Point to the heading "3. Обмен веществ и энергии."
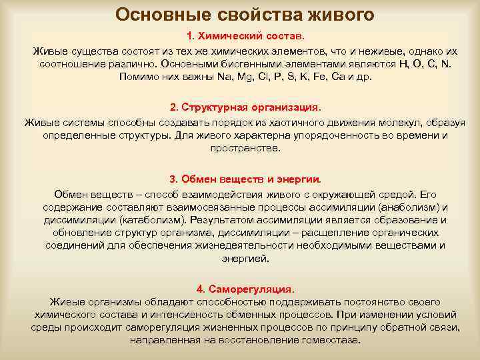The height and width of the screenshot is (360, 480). (245, 179)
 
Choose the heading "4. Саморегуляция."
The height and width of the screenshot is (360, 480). (245, 289)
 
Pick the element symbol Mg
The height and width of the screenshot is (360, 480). (251, 77)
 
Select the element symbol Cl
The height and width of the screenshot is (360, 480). (273, 77)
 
